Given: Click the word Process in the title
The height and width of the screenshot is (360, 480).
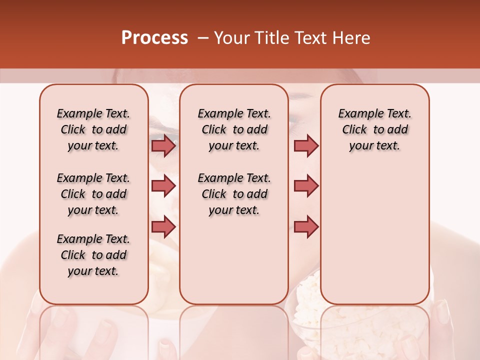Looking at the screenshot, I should tap(154, 38).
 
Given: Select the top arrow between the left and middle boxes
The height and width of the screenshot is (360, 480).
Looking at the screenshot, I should tap(163, 145).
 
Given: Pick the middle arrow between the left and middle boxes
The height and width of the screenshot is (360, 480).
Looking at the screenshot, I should tap(163, 186).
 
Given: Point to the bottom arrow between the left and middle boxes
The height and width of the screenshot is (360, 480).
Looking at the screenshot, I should tap(163, 226).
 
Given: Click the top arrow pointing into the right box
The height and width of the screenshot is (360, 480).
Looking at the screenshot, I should tap(306, 145).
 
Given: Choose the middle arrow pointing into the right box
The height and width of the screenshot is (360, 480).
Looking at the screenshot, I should tap(306, 186).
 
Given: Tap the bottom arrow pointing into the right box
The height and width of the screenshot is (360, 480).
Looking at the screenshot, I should tap(306, 226).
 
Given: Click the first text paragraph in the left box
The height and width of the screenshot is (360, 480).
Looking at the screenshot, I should tap(93, 129).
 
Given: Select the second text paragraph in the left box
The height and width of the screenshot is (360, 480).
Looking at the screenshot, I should tap(93, 194).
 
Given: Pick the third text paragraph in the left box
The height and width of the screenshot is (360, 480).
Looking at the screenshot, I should tap(93, 255).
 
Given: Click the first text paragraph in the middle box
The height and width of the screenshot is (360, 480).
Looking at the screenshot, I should tap(234, 129).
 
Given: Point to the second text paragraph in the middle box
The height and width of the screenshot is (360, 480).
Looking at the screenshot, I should tap(234, 194).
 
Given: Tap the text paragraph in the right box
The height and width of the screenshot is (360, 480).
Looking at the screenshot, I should tap(374, 129).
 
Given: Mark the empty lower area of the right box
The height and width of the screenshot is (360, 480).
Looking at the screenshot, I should tap(374, 230).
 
